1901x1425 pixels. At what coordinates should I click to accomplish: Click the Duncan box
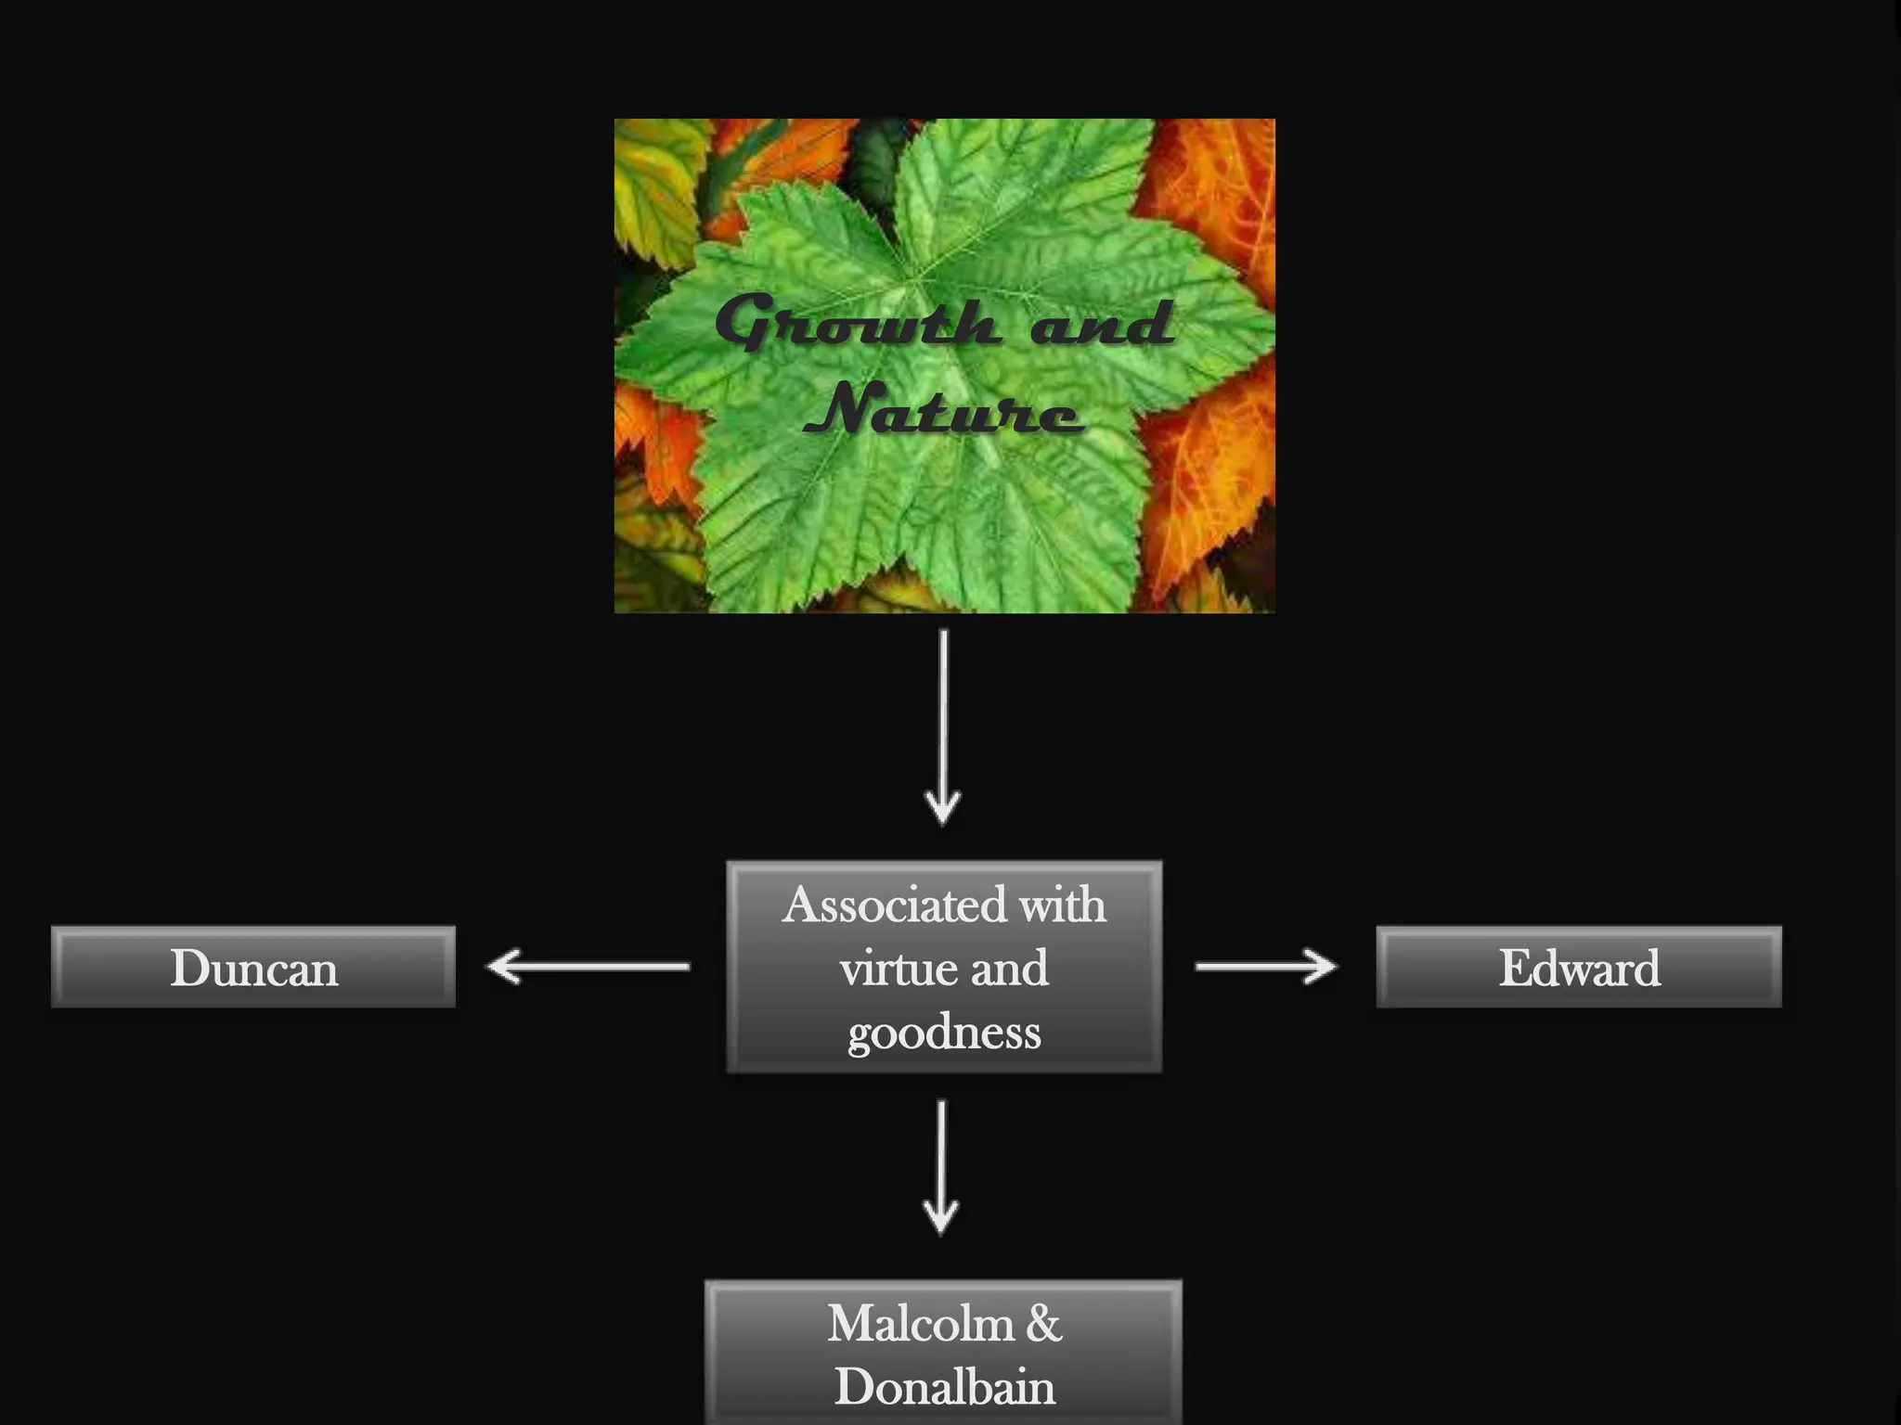pos(253,967)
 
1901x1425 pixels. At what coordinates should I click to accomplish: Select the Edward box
pos(1579,967)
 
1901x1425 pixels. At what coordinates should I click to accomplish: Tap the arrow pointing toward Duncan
pos(588,967)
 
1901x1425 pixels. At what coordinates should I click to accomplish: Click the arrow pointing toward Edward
pos(1265,967)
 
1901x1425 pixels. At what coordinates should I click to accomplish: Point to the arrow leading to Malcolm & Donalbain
pos(941,1166)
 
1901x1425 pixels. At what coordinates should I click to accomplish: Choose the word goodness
pos(944,1032)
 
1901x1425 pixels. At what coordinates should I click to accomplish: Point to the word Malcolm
pos(919,1323)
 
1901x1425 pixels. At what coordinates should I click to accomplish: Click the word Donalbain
pos(944,1387)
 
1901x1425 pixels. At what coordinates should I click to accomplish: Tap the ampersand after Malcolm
pos(1043,1323)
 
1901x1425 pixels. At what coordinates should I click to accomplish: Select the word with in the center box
pos(1064,905)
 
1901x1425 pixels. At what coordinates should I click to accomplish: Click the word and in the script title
pos(1102,323)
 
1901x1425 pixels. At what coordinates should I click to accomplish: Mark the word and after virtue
pos(1010,969)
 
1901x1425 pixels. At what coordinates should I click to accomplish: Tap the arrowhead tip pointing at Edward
pos(1334,967)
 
